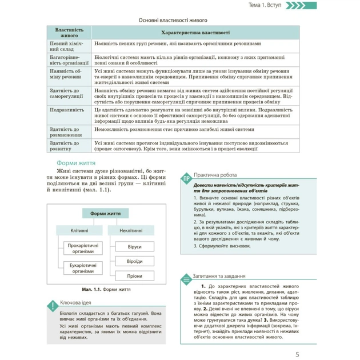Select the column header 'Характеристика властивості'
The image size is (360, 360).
[x=197, y=33]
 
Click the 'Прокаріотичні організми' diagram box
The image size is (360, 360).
[x=83, y=249]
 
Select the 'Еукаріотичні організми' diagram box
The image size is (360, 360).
[x=83, y=269]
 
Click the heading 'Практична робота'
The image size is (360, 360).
[x=214, y=175]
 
